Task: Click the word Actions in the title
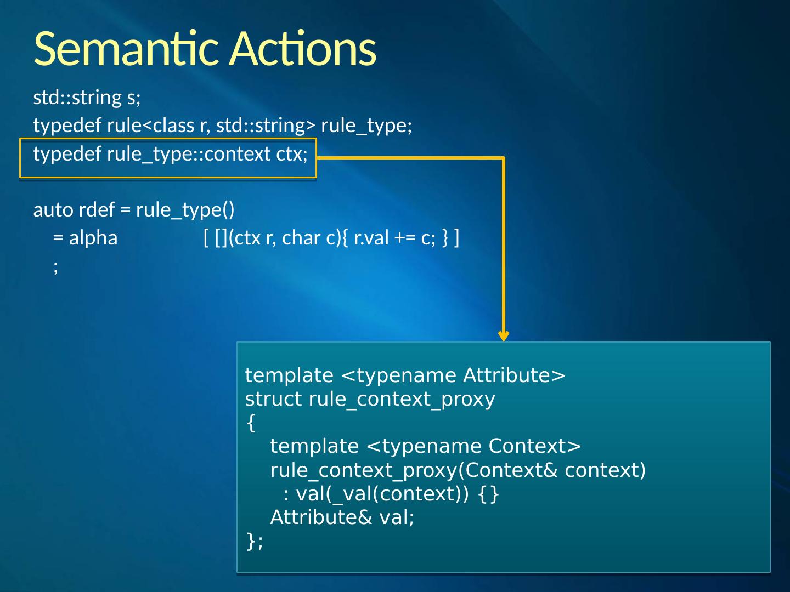coord(303,48)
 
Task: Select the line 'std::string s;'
coord(87,98)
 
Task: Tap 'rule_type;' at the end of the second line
coord(366,126)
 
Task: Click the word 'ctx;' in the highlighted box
coord(292,154)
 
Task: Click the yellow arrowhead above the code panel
coord(504,335)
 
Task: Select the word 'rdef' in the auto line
coord(97,210)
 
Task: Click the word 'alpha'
coord(93,238)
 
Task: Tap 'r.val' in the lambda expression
coord(371,238)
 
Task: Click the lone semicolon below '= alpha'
coord(55,267)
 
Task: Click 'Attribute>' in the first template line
coord(514,375)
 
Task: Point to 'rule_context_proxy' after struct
coord(402,400)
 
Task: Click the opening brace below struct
coord(251,423)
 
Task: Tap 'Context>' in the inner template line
coord(534,446)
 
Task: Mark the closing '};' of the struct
coord(255,541)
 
